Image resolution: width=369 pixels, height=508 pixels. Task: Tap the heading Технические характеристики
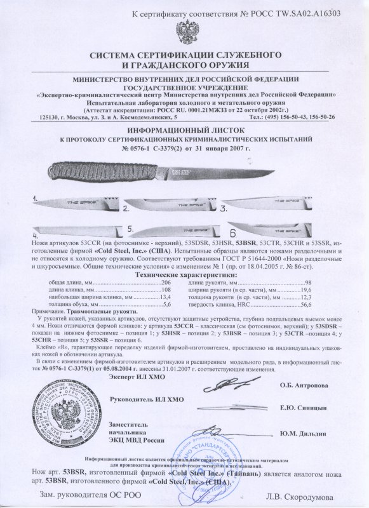[184, 273]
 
